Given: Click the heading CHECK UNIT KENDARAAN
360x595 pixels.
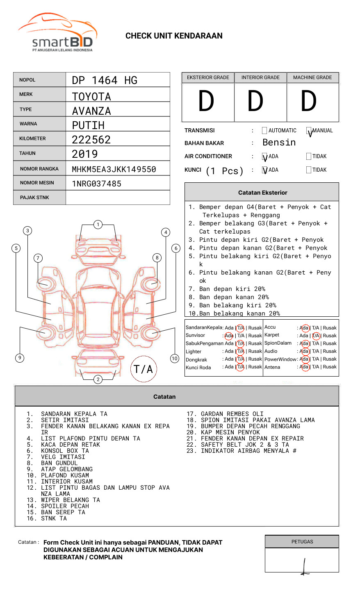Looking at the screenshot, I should coord(174,36).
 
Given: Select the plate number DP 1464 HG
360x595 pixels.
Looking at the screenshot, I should coord(105,80).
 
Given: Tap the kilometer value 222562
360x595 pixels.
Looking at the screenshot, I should coord(91,140).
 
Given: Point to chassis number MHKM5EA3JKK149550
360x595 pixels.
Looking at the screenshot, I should coord(114,169).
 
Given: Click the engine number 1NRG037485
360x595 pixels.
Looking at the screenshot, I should coord(97,184).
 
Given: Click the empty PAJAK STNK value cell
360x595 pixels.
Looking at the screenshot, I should coord(118,198).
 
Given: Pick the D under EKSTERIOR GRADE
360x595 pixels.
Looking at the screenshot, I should coord(206,101).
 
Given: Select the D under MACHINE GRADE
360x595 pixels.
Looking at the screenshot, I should coord(309,101).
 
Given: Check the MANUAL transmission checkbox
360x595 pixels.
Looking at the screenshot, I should coord(309,131).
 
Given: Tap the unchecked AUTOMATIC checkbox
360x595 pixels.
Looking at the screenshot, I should coord(264,131).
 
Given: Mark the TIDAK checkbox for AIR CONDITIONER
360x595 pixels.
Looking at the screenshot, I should coord(309,157).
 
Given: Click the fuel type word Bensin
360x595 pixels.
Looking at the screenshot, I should coord(279,143).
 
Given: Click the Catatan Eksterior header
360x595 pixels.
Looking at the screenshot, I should coord(262,193).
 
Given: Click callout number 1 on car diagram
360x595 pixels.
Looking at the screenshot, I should coord(98,224).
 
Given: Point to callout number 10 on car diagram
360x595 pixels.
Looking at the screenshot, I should coord(175,359).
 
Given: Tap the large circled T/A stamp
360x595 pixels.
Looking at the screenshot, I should coord(144,369).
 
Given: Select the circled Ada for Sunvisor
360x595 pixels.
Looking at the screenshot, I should coord(229,336).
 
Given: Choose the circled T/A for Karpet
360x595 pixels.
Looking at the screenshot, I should coord(316,336).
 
